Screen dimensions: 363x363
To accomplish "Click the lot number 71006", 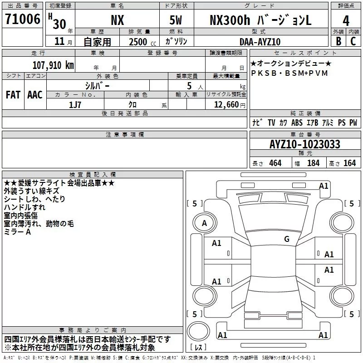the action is (x=22, y=20).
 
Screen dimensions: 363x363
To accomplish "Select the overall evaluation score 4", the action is (x=346, y=20).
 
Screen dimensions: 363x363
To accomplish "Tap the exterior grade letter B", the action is (x=338, y=41).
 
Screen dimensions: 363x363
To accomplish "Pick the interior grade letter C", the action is (x=353, y=41).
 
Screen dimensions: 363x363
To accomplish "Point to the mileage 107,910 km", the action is (x=54, y=65).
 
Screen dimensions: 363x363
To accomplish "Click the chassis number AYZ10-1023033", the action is (x=304, y=145).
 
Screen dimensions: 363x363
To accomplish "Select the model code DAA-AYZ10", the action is (x=260, y=42).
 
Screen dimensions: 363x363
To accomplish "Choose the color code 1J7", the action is (x=75, y=104).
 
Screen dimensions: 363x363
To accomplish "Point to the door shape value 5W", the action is (x=177, y=20).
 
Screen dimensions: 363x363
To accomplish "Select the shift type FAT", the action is (x=13, y=95).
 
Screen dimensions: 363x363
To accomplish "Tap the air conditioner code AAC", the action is (x=35, y=95).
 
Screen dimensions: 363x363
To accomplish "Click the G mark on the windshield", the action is (x=286, y=239).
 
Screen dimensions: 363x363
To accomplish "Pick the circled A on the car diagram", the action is (x=204, y=223).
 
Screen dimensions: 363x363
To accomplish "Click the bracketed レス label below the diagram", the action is (x=199, y=348).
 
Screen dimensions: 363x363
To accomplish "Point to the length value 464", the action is (x=275, y=163).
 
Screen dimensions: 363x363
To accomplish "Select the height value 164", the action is (x=349, y=163).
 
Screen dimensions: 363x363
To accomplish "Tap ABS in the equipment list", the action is (x=297, y=123).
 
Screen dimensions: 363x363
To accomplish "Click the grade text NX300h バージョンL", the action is (x=260, y=20).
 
